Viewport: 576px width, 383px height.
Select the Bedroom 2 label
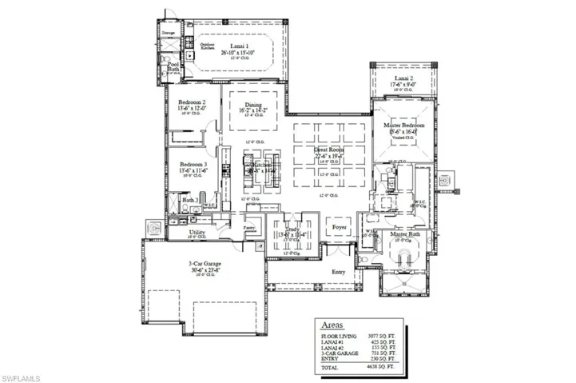[193, 103]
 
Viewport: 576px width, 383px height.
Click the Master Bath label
[405, 234]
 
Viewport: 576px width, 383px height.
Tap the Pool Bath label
[173, 66]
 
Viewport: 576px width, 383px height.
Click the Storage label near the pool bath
[169, 33]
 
